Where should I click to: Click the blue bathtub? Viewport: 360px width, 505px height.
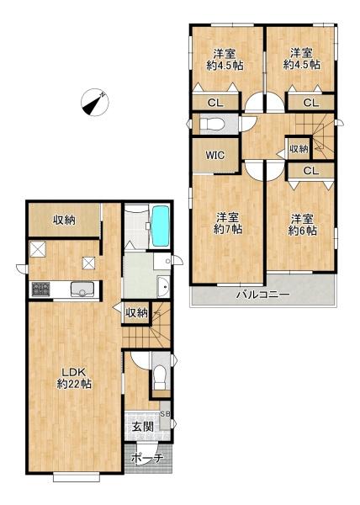pyautogui.click(x=160, y=226)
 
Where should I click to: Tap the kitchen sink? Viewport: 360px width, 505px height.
pyautogui.click(x=82, y=289)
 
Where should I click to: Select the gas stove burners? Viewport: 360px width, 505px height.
pyautogui.click(x=41, y=290)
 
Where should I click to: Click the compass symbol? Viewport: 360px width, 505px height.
pyautogui.click(x=94, y=103)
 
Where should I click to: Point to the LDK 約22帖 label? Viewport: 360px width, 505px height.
pyautogui.click(x=74, y=378)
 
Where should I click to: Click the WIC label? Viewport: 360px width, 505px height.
pyautogui.click(x=214, y=155)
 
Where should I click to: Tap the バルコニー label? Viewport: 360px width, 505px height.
pyautogui.click(x=263, y=294)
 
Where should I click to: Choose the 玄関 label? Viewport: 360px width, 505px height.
pyautogui.click(x=142, y=427)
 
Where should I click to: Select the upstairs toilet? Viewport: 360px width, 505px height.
pyautogui.click(x=211, y=124)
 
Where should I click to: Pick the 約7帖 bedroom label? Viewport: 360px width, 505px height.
pyautogui.click(x=228, y=224)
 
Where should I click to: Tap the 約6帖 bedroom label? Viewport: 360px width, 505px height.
pyautogui.click(x=303, y=225)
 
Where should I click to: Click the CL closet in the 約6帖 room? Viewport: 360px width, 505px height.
pyautogui.click(x=310, y=171)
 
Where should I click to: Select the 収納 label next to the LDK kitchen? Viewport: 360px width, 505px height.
pyautogui.click(x=64, y=221)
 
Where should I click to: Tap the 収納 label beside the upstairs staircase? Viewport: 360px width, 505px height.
pyautogui.click(x=299, y=149)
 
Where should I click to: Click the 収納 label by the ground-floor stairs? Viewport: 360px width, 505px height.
pyautogui.click(x=136, y=312)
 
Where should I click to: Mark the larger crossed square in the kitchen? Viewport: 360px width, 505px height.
pyautogui.click(x=38, y=249)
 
